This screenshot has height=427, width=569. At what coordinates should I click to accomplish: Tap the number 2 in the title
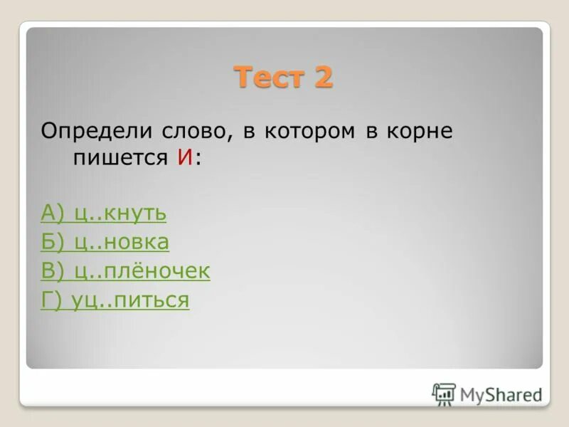coord(321,76)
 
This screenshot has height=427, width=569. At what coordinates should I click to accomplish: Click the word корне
coord(418,132)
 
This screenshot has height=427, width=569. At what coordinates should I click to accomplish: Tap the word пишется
coord(119,159)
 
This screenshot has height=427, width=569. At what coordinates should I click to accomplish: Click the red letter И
coord(186,158)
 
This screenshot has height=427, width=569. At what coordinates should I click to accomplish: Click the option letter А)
coord(54,213)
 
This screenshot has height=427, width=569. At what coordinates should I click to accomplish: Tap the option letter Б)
coord(53,242)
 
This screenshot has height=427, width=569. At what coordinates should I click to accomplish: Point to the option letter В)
coord(53,271)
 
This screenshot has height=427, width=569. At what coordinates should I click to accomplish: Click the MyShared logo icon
coord(444,394)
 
